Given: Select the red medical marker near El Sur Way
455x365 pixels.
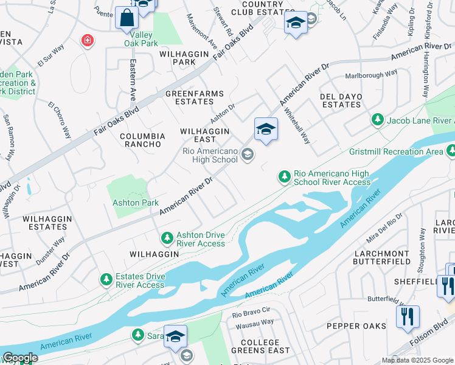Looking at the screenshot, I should (x=88, y=41).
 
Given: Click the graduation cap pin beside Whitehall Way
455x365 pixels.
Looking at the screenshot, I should (x=266, y=129).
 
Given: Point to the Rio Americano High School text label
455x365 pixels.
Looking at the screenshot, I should (x=210, y=155).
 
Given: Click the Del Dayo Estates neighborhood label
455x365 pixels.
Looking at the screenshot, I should (x=341, y=100).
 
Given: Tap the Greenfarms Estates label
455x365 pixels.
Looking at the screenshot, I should (x=195, y=98).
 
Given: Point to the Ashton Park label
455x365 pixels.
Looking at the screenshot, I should (x=135, y=203).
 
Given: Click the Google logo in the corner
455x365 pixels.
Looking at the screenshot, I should (x=19, y=358).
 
